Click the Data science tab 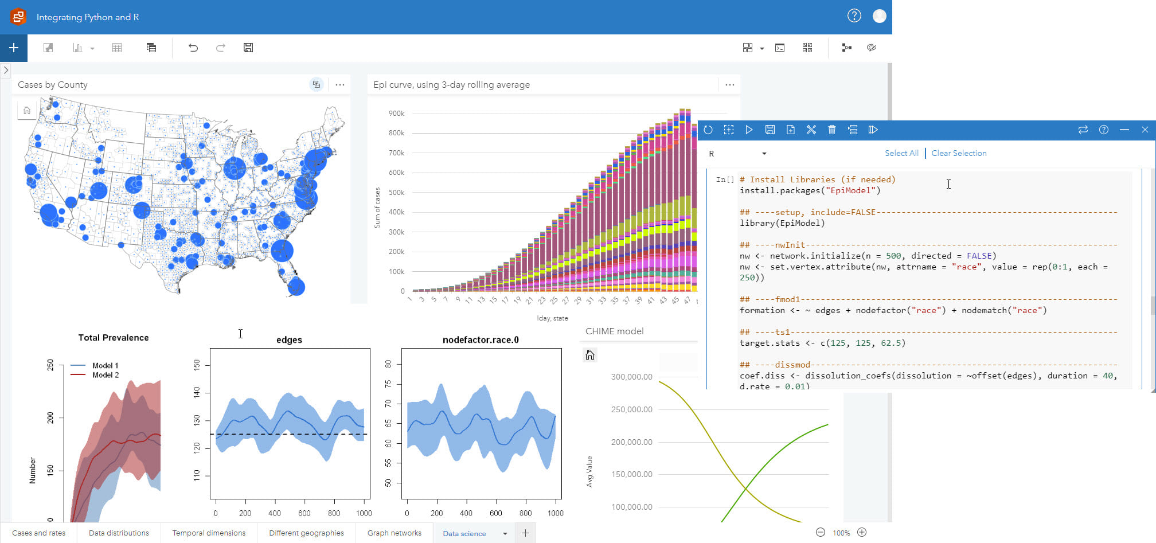point(464,533)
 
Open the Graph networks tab point(394,533)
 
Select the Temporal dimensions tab point(209,533)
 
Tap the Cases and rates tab point(38,533)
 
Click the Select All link point(901,153)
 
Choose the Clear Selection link point(959,153)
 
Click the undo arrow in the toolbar point(193,48)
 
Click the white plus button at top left point(14,48)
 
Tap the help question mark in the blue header point(854,16)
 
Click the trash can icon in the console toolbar point(831,130)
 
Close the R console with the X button point(1145,130)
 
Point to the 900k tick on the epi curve point(396,114)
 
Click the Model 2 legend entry point(105,375)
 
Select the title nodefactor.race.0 point(481,339)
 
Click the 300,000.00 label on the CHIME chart point(631,377)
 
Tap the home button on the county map point(27,110)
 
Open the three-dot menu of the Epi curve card point(729,85)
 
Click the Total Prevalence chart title point(114,338)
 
